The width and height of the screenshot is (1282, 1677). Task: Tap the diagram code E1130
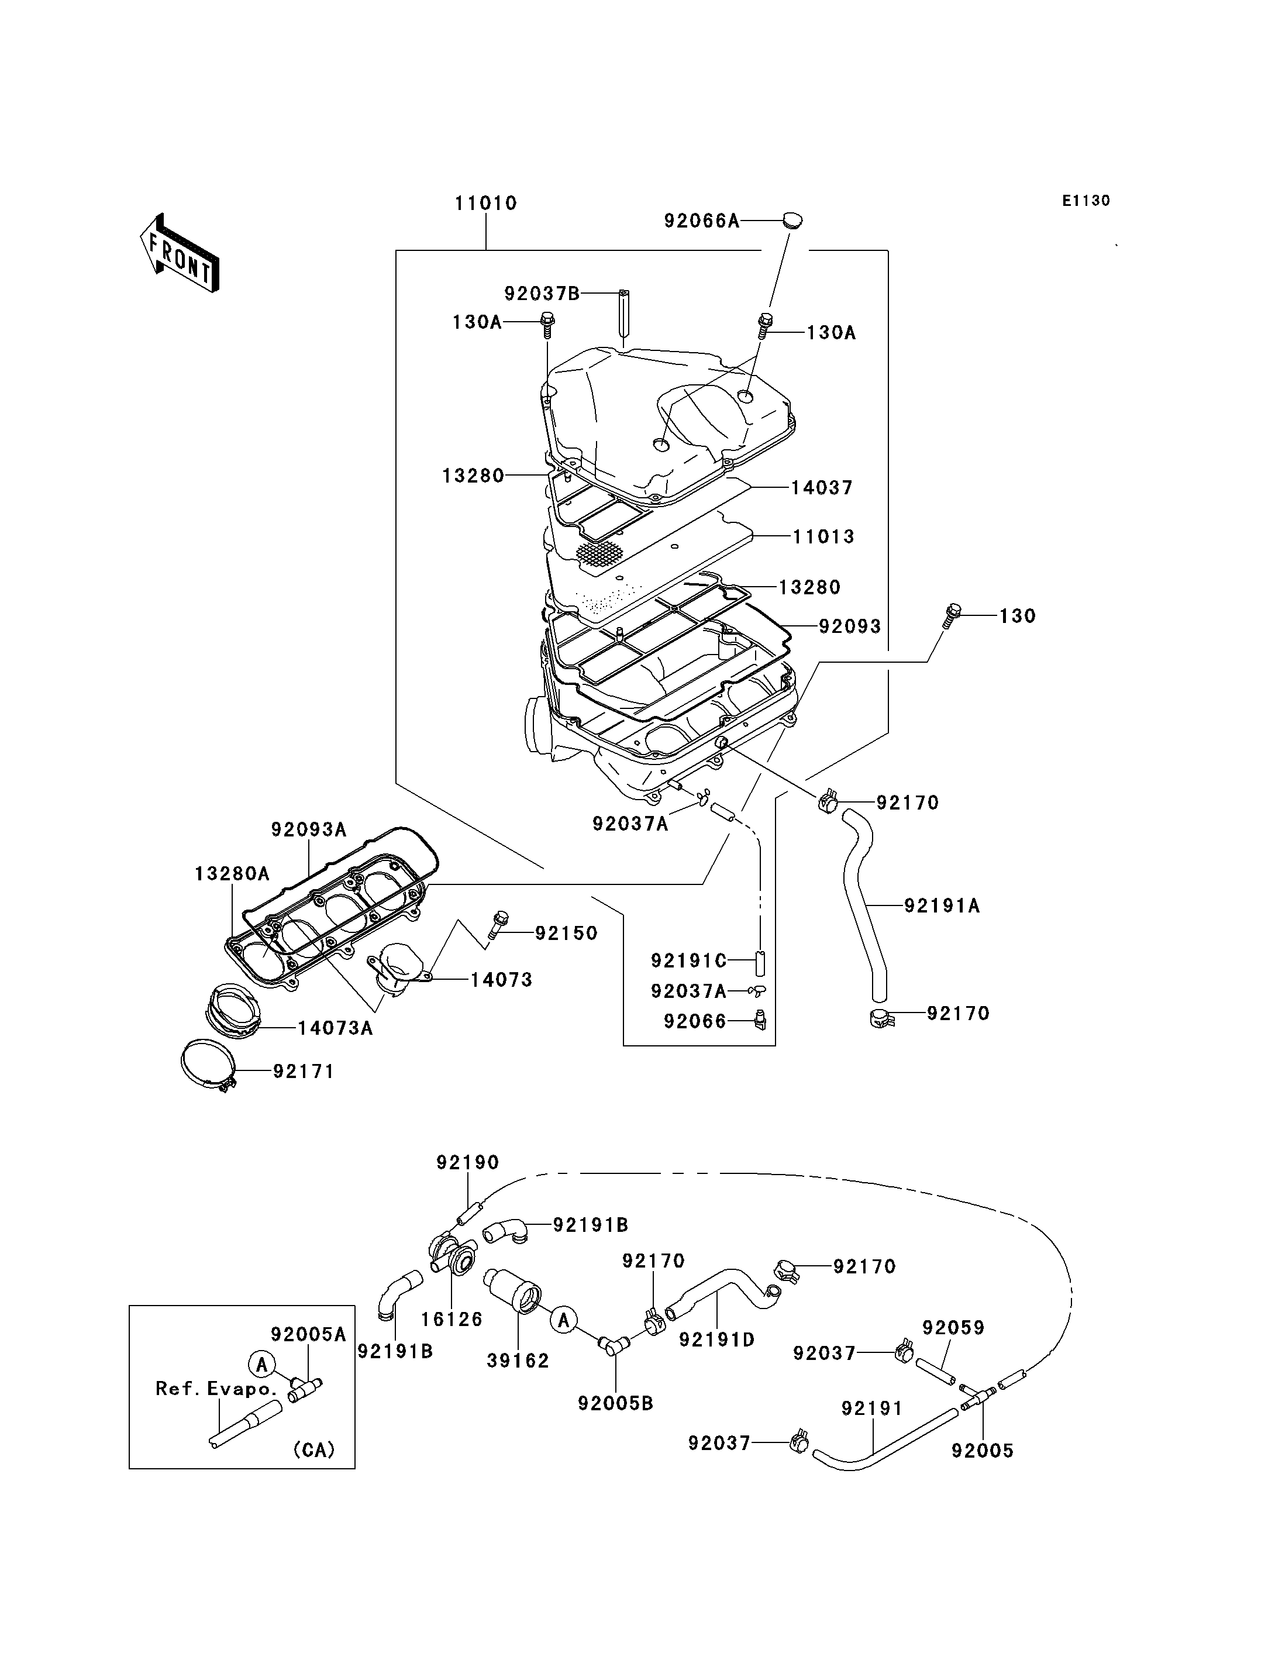pyautogui.click(x=1087, y=201)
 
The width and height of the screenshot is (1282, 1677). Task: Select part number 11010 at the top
pyautogui.click(x=486, y=203)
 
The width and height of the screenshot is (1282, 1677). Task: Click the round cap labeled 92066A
pyautogui.click(x=793, y=221)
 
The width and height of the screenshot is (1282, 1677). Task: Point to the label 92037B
pyautogui.click(x=542, y=293)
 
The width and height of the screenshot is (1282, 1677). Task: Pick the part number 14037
pyautogui.click(x=822, y=488)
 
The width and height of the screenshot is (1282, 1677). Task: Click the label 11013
pyautogui.click(x=823, y=536)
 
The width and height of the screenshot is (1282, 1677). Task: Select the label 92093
pyautogui.click(x=850, y=626)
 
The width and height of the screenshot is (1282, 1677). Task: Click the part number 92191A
pyautogui.click(x=942, y=906)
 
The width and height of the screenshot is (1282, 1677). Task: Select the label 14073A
pyautogui.click(x=335, y=1028)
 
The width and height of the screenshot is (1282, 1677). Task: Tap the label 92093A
pyautogui.click(x=309, y=829)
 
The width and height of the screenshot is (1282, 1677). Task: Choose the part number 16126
pyautogui.click(x=452, y=1319)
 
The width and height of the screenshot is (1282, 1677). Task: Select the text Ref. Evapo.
pyautogui.click(x=216, y=1389)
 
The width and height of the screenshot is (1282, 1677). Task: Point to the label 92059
pyautogui.click(x=953, y=1327)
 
